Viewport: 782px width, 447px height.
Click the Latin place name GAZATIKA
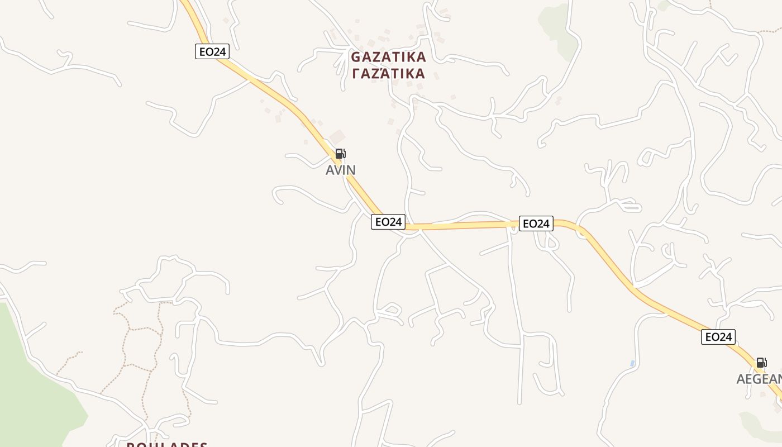(x=388, y=57)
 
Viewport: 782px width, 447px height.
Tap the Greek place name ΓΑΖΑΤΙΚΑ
(x=388, y=74)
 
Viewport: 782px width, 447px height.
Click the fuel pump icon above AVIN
(x=340, y=154)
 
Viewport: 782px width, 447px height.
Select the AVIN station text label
(x=341, y=170)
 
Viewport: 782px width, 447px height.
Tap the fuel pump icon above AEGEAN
(x=761, y=363)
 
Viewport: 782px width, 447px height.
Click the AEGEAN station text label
(x=759, y=379)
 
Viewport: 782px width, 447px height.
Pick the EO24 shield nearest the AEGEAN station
(x=718, y=337)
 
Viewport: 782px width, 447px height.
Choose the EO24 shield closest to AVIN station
(x=388, y=222)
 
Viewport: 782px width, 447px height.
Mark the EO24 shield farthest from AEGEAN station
(x=212, y=51)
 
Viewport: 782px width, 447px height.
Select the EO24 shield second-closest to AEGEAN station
(x=536, y=223)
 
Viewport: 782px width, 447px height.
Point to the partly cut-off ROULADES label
(x=166, y=444)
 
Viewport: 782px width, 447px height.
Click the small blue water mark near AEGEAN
(x=632, y=364)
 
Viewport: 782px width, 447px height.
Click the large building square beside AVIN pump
(x=337, y=137)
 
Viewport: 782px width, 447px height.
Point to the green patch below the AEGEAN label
(x=760, y=425)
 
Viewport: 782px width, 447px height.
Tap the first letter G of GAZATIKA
(x=356, y=57)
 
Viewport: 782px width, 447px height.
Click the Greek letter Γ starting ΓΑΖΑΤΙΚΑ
(x=356, y=74)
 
